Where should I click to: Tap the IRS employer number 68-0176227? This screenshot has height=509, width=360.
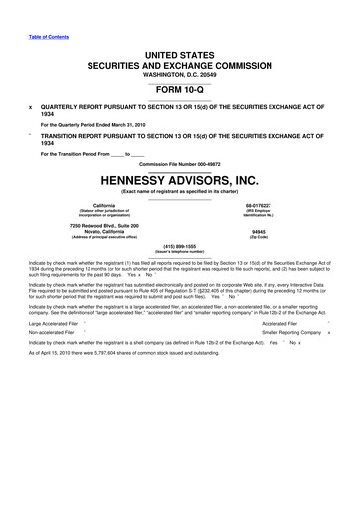[285, 205]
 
